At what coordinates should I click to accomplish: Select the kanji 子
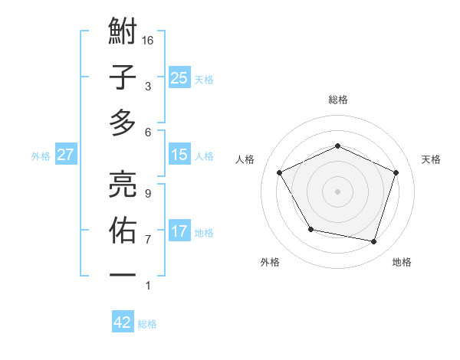pyautogui.click(x=123, y=77)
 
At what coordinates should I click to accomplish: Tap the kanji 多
pyautogui.click(x=123, y=122)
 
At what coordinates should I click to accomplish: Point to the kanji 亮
pyautogui.click(x=123, y=183)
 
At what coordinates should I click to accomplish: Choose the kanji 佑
pyautogui.click(x=123, y=229)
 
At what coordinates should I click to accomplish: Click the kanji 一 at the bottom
pyautogui.click(x=123, y=273)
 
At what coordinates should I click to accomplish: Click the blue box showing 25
pyautogui.click(x=179, y=78)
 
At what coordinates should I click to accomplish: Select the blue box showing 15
pyautogui.click(x=179, y=155)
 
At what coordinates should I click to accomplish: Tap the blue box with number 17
pyautogui.click(x=179, y=231)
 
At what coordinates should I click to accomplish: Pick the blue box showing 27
pyautogui.click(x=66, y=155)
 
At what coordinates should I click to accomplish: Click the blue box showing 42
pyautogui.click(x=123, y=322)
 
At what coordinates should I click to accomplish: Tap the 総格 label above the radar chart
pyautogui.click(x=338, y=100)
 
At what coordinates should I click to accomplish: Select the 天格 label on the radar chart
pyautogui.click(x=432, y=159)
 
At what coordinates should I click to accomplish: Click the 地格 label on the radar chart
pyautogui.click(x=402, y=262)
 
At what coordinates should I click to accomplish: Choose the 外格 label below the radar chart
pyautogui.click(x=270, y=262)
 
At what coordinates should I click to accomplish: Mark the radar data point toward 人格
pyautogui.click(x=280, y=172)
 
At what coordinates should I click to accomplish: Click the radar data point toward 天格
pyautogui.click(x=396, y=172)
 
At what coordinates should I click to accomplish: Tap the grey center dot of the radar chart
pyautogui.click(x=338, y=191)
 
